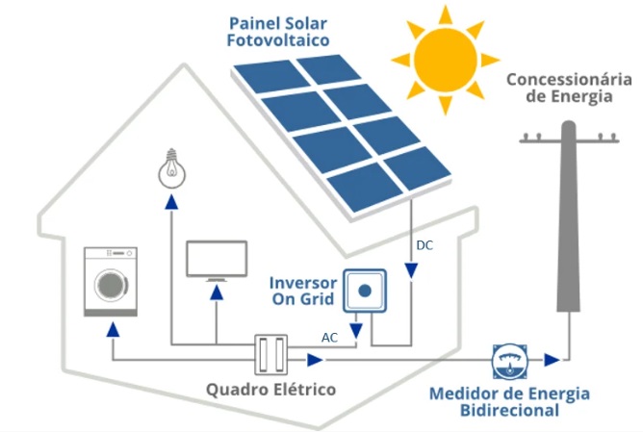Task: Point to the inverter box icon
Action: coord(365,289)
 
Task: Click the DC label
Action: coord(424,245)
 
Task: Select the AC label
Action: coord(329,338)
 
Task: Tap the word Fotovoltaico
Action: coord(277,40)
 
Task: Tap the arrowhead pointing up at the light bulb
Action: coord(171,202)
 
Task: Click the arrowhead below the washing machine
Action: coord(114,328)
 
